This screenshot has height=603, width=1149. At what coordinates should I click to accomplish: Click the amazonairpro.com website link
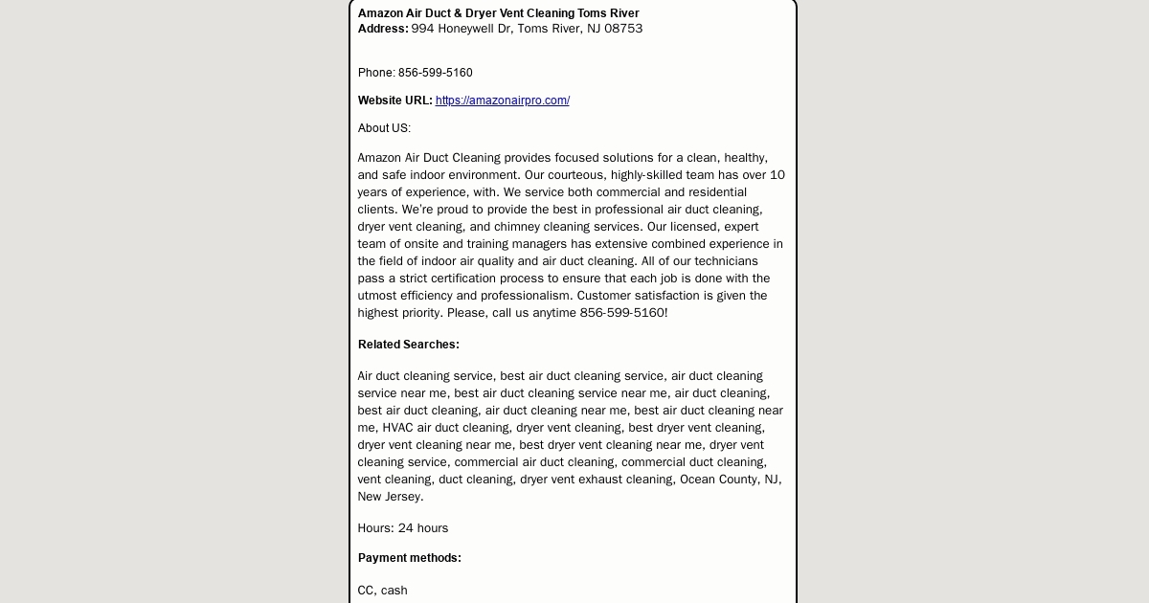pyautogui.click(x=502, y=100)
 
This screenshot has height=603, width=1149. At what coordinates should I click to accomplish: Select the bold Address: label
pyautogui.click(x=383, y=29)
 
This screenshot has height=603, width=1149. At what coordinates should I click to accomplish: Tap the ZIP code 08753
pyautogui.click(x=623, y=29)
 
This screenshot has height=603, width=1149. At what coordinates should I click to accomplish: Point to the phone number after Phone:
pyautogui.click(x=435, y=73)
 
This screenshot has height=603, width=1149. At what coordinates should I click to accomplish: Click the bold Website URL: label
pyautogui.click(x=394, y=100)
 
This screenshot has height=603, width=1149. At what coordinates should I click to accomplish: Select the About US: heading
pyautogui.click(x=384, y=128)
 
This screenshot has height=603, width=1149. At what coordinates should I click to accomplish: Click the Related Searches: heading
pyautogui.click(x=408, y=345)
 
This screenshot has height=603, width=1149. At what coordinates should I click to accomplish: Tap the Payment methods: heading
pyautogui.click(x=409, y=558)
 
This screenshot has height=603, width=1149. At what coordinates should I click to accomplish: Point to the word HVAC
pyautogui.click(x=397, y=428)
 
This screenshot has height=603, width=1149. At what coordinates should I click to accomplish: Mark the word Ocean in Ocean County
pyautogui.click(x=698, y=480)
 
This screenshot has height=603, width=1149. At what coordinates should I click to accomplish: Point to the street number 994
pyautogui.click(x=422, y=29)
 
